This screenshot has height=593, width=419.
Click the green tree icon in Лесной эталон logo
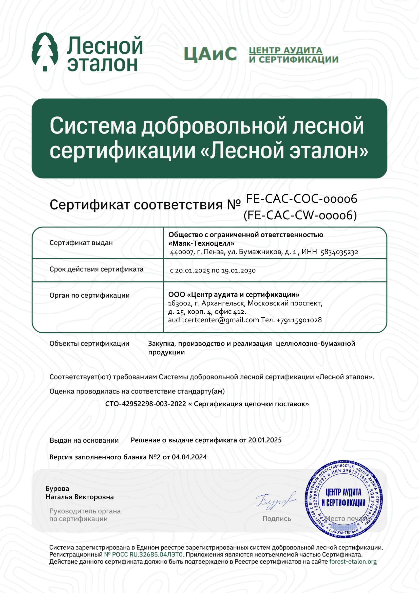pos(45,52)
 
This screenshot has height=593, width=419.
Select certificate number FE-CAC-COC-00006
pos(302,199)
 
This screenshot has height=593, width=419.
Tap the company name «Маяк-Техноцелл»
pos(201,243)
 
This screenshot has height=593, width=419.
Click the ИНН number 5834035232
pos(339,252)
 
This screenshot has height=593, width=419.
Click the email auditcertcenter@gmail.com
pos(213,320)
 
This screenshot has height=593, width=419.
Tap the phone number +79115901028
pos(299,320)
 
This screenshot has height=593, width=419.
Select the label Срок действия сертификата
pos(96,269)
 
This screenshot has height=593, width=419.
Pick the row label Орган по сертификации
pos(89,295)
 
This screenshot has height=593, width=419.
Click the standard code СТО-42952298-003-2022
pos(145,404)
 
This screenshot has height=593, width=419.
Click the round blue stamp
pos(344,499)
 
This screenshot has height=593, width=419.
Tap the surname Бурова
pos(57,489)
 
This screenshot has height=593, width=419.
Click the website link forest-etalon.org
pos(353,562)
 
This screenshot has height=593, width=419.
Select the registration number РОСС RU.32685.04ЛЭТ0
pos(144,554)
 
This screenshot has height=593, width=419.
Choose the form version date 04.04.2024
pos(189,457)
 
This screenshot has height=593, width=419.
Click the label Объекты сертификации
pos(89,344)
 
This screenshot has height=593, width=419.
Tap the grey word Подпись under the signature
pos(277,519)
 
